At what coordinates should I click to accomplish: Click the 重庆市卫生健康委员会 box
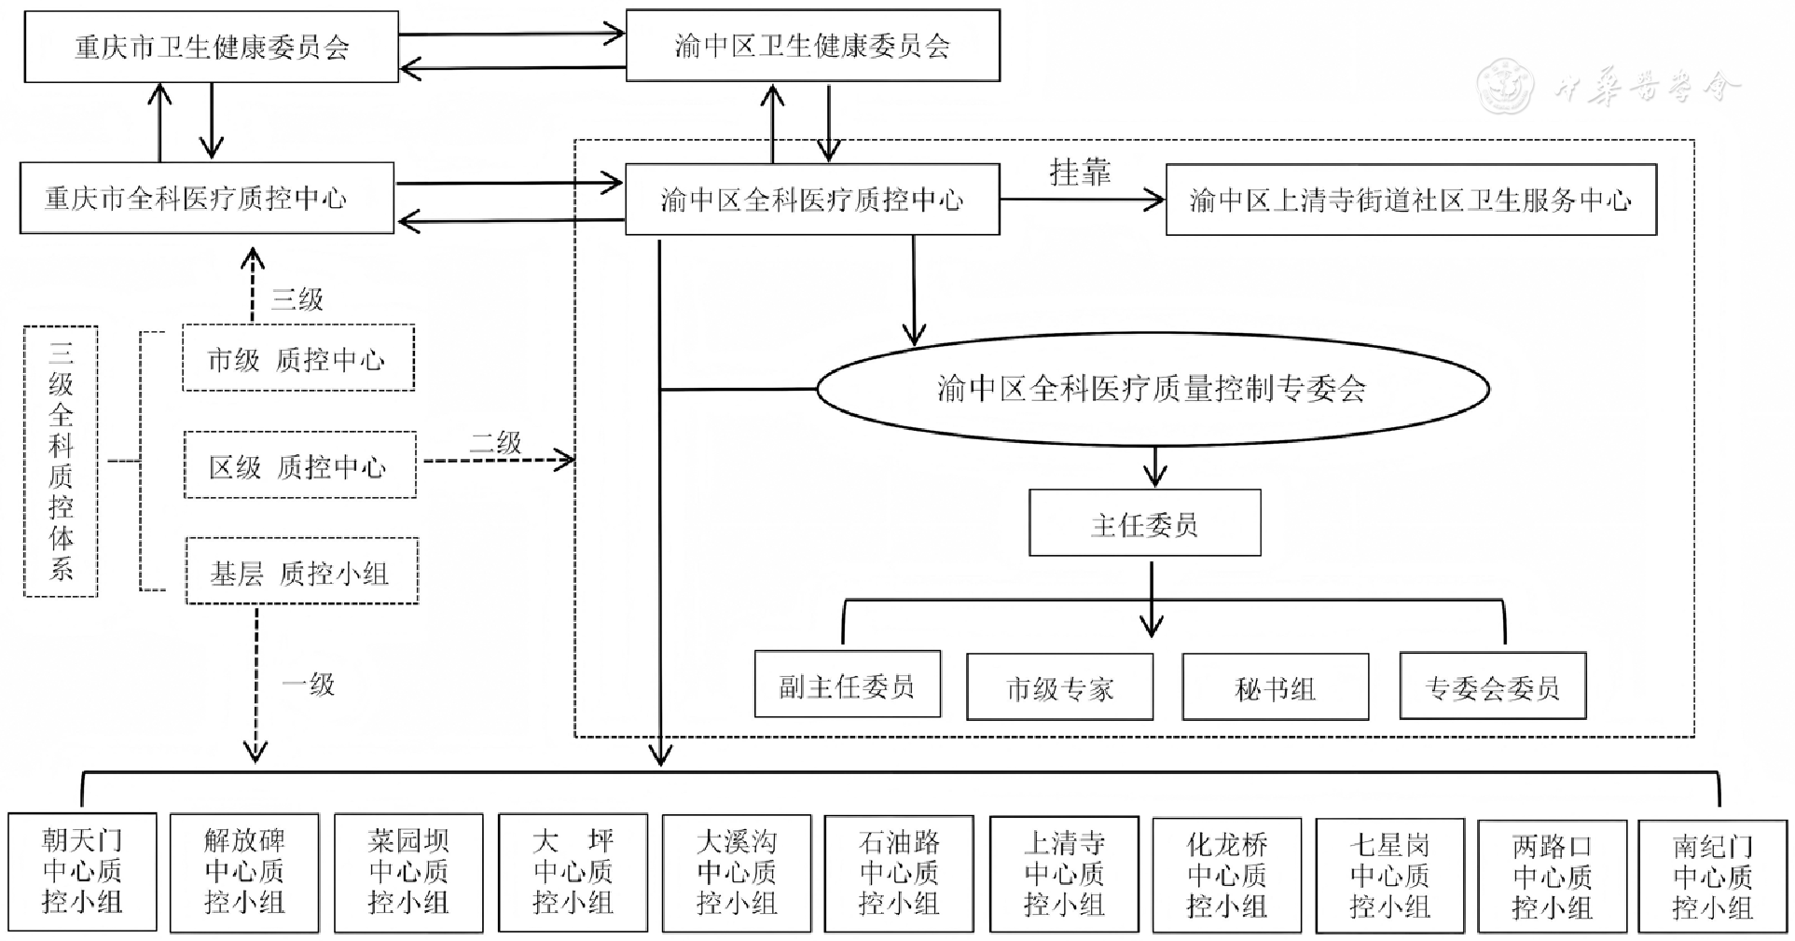pyautogui.click(x=212, y=48)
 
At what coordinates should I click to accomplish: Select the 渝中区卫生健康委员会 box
pyautogui.click(x=812, y=46)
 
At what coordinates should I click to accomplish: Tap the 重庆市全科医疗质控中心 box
pyautogui.click(x=207, y=199)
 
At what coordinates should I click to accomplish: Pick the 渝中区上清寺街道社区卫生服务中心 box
pyautogui.click(x=1411, y=200)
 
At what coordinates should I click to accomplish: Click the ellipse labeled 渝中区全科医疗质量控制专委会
pyautogui.click(x=1153, y=388)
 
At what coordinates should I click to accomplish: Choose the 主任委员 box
pyautogui.click(x=1144, y=524)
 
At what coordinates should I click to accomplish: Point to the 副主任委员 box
pyautogui.click(x=847, y=686)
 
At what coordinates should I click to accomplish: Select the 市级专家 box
pyautogui.click(x=1059, y=688)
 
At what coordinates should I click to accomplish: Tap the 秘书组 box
pyautogui.click(x=1275, y=688)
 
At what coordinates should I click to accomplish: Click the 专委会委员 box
pyautogui.click(x=1492, y=688)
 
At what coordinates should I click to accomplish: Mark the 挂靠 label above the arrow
pyautogui.click(x=1080, y=173)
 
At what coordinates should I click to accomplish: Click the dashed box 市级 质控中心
pyautogui.click(x=298, y=359)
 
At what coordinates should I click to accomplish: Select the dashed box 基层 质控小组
pyautogui.click(x=301, y=572)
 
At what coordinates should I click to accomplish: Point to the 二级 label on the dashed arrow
pyautogui.click(x=495, y=442)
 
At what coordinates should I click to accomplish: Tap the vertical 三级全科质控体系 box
pyautogui.click(x=61, y=461)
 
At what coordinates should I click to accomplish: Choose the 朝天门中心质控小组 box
pyautogui.click(x=82, y=872)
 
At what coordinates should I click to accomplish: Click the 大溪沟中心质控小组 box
pyautogui.click(x=737, y=873)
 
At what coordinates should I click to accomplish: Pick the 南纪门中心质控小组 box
pyautogui.click(x=1713, y=877)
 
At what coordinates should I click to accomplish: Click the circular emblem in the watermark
pyautogui.click(x=1507, y=87)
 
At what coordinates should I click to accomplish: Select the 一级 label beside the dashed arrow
pyautogui.click(x=309, y=684)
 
